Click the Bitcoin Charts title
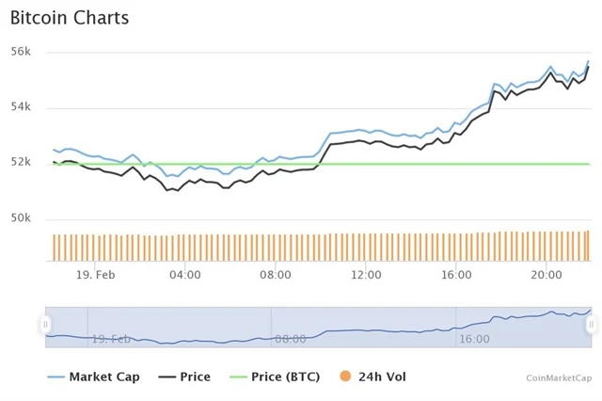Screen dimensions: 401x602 (70, 18)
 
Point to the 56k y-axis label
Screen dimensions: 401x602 (22, 52)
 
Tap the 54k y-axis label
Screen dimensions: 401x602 (22, 107)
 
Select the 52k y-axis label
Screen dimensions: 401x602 (22, 163)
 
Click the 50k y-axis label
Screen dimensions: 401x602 (22, 218)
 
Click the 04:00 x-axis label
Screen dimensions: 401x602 (184, 275)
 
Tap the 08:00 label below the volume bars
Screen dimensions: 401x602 (275, 275)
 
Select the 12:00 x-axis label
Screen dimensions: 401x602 (366, 275)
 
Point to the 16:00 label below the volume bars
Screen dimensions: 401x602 (456, 275)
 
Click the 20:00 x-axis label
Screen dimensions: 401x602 (547, 275)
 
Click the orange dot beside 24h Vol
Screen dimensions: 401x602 (346, 377)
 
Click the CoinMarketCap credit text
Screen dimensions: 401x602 (560, 377)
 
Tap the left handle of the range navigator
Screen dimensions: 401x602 (45, 325)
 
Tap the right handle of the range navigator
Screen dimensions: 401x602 (591, 325)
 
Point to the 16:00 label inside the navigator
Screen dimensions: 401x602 (474, 338)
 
